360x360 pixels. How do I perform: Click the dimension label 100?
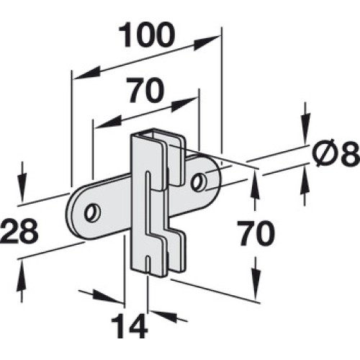coord(145,35)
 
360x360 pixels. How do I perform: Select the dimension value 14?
coord(129,325)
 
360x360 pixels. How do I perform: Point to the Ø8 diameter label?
coord(336,153)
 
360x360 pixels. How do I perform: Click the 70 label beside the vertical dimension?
coord(256,233)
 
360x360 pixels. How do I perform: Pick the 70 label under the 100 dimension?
coord(145,90)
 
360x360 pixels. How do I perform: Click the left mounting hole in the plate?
coord(92,212)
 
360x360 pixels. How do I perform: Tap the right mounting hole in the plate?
coord(198,183)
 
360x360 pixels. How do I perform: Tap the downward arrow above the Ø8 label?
coord(305,124)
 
